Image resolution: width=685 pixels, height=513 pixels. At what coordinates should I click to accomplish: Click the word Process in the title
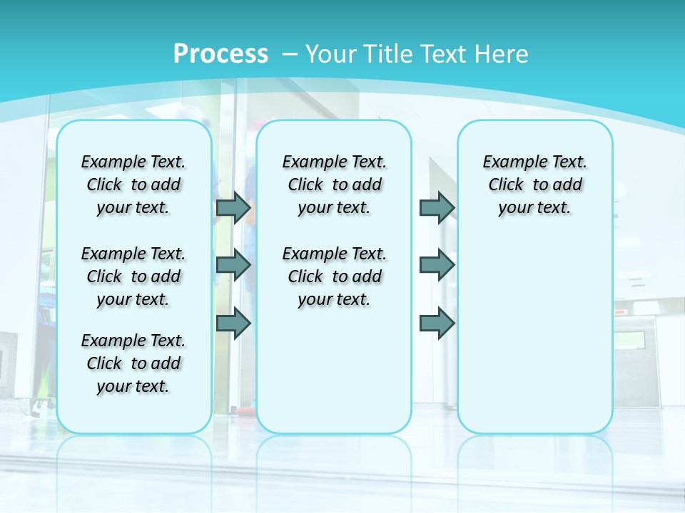220,54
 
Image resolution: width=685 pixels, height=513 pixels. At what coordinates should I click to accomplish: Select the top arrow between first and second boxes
233,207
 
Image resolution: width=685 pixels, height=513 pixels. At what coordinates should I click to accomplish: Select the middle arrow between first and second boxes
233,265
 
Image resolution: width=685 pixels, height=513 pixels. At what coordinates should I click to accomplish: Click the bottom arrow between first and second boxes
233,323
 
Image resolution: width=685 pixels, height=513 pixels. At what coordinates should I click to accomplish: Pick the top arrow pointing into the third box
437,207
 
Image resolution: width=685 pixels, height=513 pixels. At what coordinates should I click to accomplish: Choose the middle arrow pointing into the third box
437,265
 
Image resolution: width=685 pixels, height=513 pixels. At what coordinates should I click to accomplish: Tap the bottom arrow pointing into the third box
437,323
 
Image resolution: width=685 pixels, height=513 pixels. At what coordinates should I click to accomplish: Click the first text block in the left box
133,185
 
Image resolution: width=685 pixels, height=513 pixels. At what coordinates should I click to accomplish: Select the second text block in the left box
133,276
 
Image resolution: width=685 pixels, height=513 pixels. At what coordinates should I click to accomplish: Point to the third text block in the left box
133,363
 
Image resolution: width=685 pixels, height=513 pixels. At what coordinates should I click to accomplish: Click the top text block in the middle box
335,185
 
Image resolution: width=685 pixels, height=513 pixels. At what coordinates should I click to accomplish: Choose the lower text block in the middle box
335,276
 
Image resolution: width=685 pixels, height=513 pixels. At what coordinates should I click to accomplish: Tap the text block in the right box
535,185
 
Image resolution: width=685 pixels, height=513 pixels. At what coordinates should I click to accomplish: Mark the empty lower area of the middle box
335,370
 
